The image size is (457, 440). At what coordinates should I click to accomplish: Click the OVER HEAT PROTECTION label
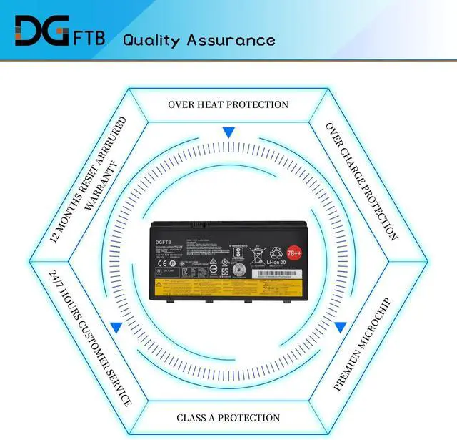coord(228,104)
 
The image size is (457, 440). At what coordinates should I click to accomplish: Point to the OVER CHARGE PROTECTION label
coord(361,180)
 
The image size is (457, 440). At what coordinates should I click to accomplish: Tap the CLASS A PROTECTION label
coord(228,417)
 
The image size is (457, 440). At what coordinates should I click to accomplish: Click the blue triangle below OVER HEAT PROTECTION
coord(228,132)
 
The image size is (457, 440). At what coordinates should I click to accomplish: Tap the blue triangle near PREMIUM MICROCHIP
coord(340,327)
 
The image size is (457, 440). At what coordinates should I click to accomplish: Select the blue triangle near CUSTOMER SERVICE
coord(116,327)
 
